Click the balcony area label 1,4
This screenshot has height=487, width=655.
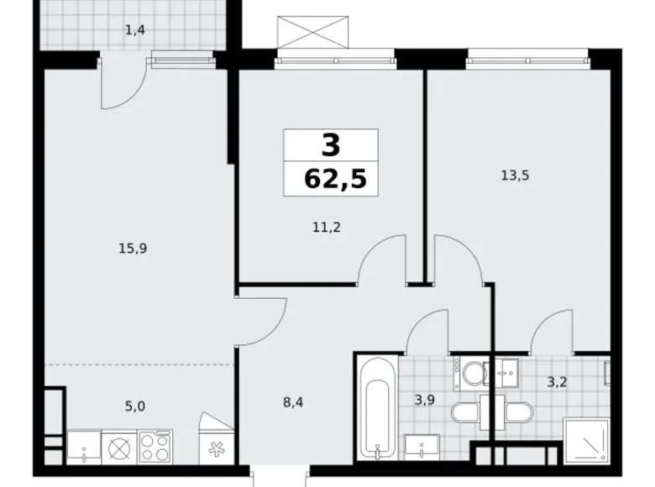tap(134, 31)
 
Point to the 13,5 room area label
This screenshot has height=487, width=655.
tap(514, 175)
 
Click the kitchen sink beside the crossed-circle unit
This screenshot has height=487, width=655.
tap(84, 447)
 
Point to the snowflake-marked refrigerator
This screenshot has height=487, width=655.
tap(213, 446)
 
